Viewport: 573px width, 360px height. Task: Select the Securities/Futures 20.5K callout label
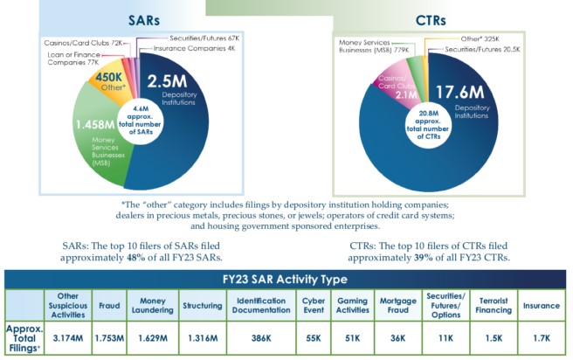[x=483, y=49]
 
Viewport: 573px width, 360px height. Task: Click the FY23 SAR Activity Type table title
[x=286, y=280]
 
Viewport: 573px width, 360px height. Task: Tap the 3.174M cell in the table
[x=68, y=335]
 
